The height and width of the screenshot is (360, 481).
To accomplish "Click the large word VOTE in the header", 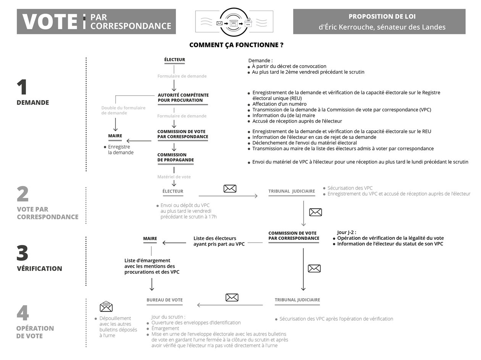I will click(x=50, y=21).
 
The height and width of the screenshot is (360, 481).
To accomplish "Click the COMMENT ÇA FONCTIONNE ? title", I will click(x=236, y=45).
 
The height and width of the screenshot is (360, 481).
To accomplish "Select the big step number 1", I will click(x=22, y=87).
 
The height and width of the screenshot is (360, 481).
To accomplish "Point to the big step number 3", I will click(x=23, y=253).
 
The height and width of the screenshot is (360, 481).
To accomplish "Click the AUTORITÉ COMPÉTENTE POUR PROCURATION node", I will click(x=183, y=98).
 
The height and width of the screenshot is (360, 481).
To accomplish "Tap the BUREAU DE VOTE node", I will click(x=165, y=300).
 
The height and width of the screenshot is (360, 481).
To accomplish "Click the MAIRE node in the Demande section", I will click(x=115, y=136).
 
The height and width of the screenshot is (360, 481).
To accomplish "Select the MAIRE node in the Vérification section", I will click(x=150, y=239).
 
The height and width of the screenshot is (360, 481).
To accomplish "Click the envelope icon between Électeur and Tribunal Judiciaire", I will click(x=230, y=188).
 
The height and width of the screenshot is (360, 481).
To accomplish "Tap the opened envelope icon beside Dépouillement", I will click(x=106, y=306).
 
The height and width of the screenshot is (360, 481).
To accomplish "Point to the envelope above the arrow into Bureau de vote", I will click(x=232, y=297).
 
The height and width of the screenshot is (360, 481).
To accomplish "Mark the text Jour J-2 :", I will click(x=347, y=232).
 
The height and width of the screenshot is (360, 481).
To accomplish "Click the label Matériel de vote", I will click(x=174, y=177).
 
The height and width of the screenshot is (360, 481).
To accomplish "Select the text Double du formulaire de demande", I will click(x=123, y=110).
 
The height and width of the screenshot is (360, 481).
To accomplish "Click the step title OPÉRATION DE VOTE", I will click(x=35, y=332).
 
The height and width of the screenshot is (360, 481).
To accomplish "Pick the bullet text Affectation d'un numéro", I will click(x=279, y=104).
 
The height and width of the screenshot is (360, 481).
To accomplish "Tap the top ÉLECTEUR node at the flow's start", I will click(x=174, y=59).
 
